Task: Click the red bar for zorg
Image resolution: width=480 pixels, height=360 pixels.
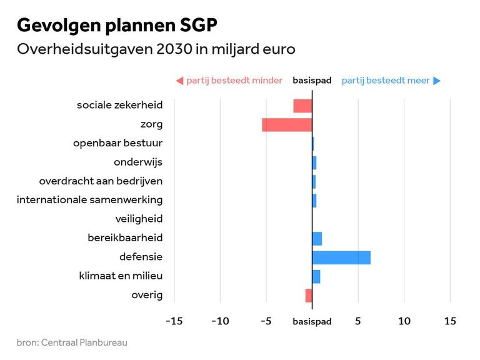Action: (x=287, y=125)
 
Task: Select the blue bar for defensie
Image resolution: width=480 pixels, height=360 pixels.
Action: (x=341, y=257)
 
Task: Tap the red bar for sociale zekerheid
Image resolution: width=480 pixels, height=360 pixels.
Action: (x=302, y=106)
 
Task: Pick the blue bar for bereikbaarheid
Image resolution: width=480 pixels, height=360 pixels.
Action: (x=317, y=239)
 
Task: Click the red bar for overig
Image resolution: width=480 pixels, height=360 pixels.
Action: (x=309, y=296)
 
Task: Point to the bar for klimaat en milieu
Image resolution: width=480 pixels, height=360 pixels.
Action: (x=316, y=276)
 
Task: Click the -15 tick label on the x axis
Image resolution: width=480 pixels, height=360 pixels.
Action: (x=174, y=321)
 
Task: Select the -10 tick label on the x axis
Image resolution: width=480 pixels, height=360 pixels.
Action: (x=220, y=321)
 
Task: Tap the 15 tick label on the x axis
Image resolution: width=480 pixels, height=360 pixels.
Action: (x=450, y=321)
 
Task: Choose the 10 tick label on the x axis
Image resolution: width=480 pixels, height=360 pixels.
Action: (x=404, y=321)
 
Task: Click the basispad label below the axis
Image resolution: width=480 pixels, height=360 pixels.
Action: (x=312, y=322)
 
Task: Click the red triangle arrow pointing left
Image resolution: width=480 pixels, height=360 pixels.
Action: (x=179, y=81)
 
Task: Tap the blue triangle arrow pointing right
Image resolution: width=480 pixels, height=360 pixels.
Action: (x=437, y=81)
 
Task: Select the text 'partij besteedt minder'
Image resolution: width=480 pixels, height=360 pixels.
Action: (x=234, y=81)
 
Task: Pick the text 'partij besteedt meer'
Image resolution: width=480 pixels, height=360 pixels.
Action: (x=386, y=81)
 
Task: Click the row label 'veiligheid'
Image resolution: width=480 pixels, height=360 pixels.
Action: (x=139, y=219)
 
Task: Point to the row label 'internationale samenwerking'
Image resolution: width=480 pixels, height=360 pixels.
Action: (x=89, y=200)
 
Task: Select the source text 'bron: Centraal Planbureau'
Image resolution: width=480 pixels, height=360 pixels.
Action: (x=72, y=342)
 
